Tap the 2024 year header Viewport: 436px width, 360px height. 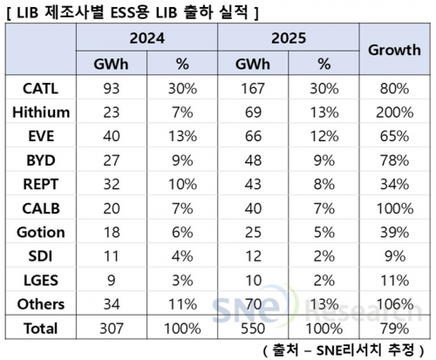(146, 39)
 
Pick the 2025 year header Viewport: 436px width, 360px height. (289, 39)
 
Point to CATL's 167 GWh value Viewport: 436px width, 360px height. (252, 89)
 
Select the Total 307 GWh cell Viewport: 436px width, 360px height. (111, 329)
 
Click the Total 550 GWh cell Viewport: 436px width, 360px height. (252, 329)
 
